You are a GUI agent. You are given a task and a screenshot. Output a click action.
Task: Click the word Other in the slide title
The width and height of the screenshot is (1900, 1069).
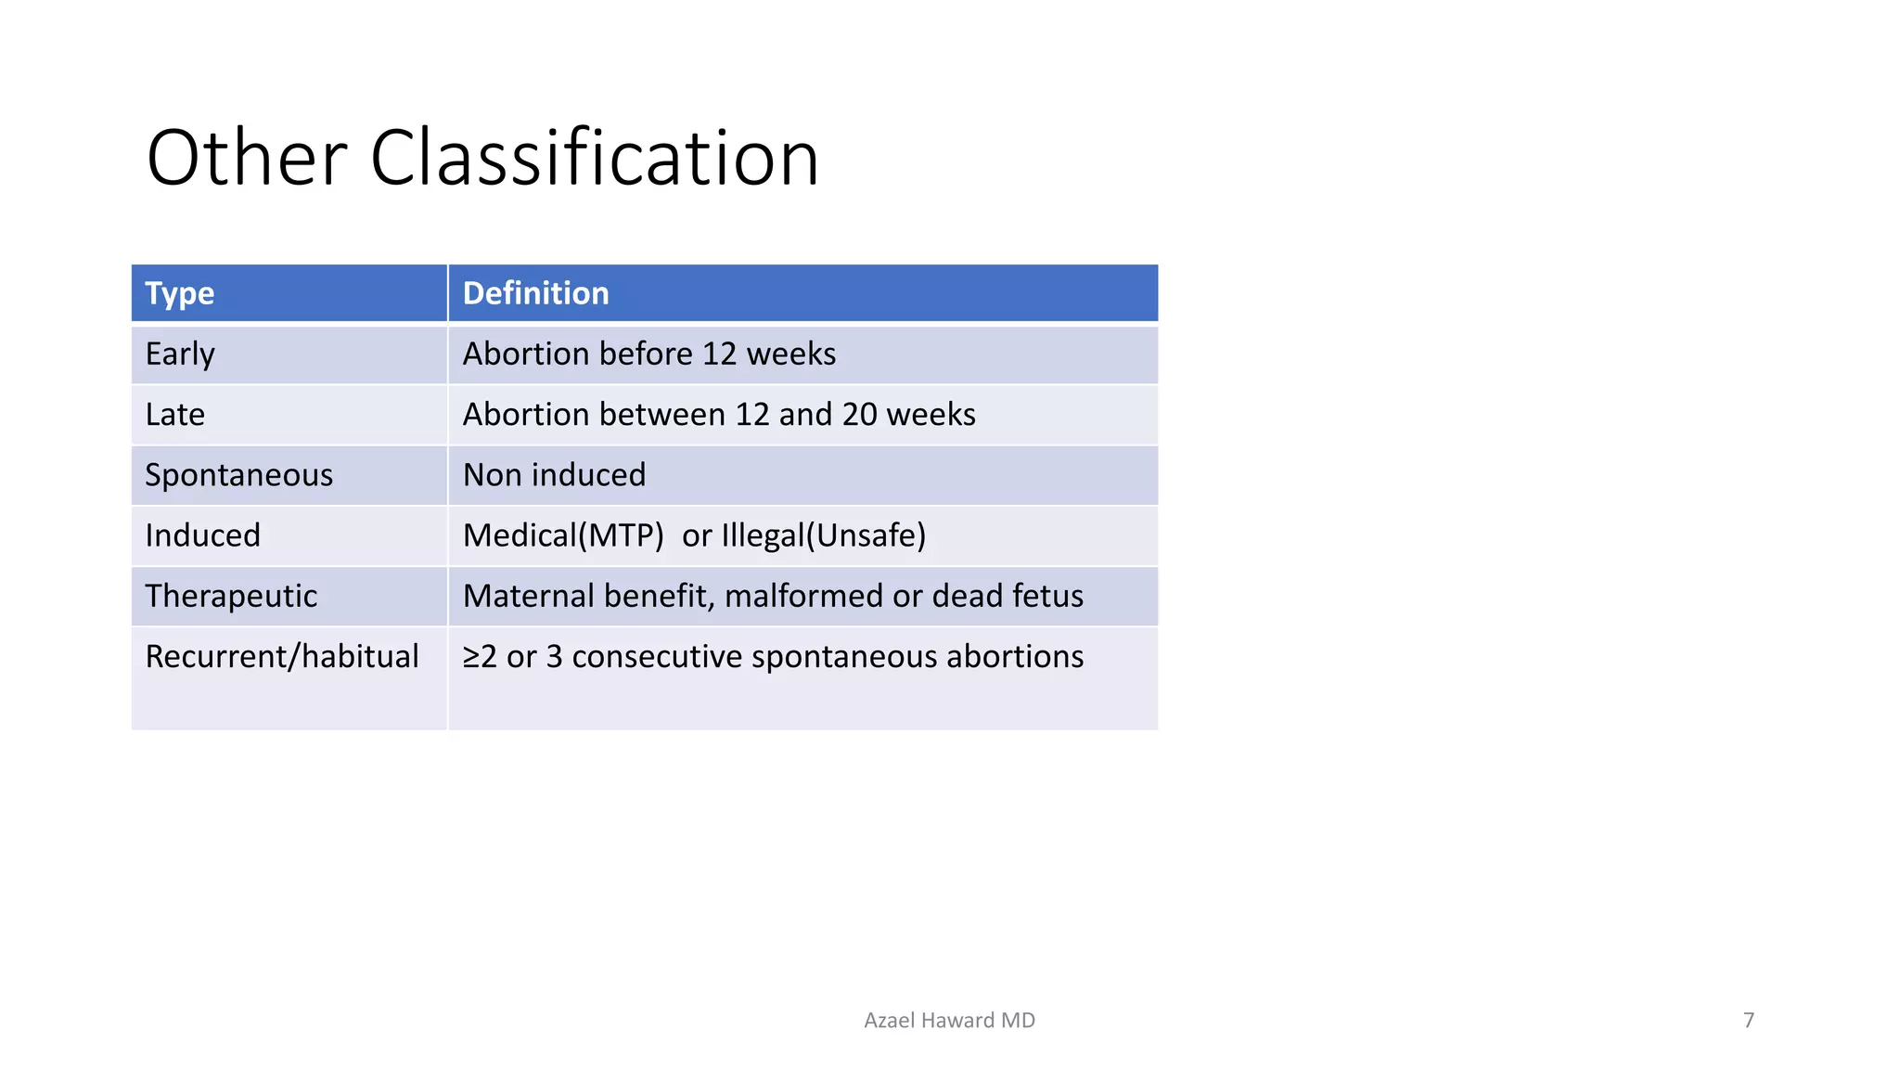(x=247, y=159)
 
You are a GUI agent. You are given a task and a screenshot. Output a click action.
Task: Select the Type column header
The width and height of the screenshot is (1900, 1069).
(x=180, y=293)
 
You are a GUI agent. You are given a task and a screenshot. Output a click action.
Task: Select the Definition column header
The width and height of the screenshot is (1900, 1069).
(x=535, y=293)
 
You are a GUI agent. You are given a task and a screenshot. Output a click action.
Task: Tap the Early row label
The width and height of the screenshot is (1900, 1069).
(x=180, y=354)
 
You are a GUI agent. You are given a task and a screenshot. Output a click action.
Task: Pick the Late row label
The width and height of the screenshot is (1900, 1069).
(x=174, y=415)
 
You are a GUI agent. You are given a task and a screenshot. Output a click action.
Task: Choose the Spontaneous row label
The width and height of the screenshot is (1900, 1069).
(x=238, y=475)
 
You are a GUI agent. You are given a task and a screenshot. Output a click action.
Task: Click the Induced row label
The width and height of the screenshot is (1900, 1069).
(x=202, y=535)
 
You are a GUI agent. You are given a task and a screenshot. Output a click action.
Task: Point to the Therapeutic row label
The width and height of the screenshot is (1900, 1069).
(x=231, y=596)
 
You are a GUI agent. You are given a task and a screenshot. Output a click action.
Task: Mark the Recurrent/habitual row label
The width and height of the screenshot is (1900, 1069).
(x=282, y=657)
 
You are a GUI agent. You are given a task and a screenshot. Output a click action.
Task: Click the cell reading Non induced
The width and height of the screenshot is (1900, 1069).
(x=554, y=475)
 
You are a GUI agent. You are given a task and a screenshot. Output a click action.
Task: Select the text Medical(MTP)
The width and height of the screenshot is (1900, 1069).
(x=563, y=535)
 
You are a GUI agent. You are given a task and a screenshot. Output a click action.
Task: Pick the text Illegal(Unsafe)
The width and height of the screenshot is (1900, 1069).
(x=823, y=535)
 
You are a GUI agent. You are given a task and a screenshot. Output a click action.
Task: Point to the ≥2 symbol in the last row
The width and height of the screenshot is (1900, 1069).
(x=480, y=657)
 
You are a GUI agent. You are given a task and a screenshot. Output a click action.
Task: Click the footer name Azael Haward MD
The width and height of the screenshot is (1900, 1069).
(x=949, y=1021)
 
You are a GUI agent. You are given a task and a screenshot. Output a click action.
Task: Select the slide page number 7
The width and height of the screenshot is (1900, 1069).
(x=1749, y=1021)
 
